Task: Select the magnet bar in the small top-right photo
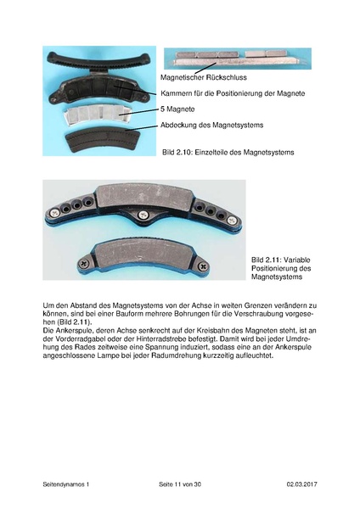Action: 233,57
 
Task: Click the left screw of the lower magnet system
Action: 84,263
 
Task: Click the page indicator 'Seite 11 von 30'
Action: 180,484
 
